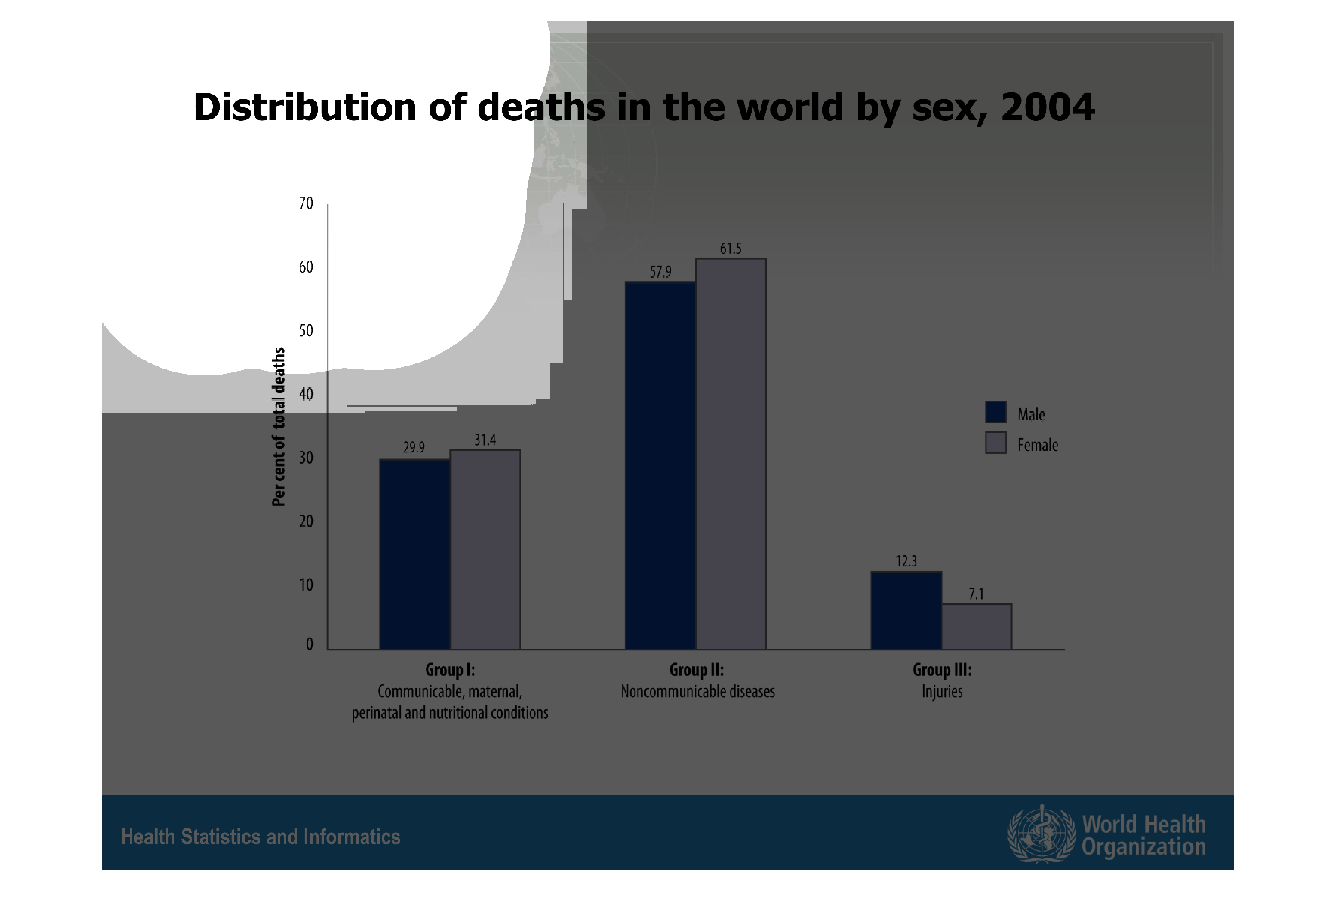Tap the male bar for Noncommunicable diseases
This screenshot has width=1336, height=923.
coord(660,465)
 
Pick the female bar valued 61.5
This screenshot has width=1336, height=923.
coord(731,454)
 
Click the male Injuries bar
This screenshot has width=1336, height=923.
coord(906,610)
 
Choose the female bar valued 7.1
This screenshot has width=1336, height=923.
coord(977,626)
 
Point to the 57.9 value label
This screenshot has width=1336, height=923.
coord(660,272)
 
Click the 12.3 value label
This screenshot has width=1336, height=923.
coord(906,562)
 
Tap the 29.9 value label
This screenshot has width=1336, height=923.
coord(414,448)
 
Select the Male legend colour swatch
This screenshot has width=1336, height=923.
coord(995,412)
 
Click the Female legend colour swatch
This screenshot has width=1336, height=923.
coord(995,442)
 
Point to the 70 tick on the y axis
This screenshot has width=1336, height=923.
coord(306,204)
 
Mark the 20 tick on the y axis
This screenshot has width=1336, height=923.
coord(306,521)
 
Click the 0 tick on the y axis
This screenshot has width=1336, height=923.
coord(309,644)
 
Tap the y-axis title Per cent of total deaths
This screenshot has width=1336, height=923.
coord(278,427)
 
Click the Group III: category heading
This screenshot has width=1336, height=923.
coord(942,670)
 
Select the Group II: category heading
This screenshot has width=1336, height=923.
coord(696,670)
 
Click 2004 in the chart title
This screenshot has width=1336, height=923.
coord(1047,107)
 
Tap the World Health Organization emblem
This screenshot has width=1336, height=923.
coord(1041,834)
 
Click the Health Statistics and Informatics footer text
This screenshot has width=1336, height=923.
coord(260,837)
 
